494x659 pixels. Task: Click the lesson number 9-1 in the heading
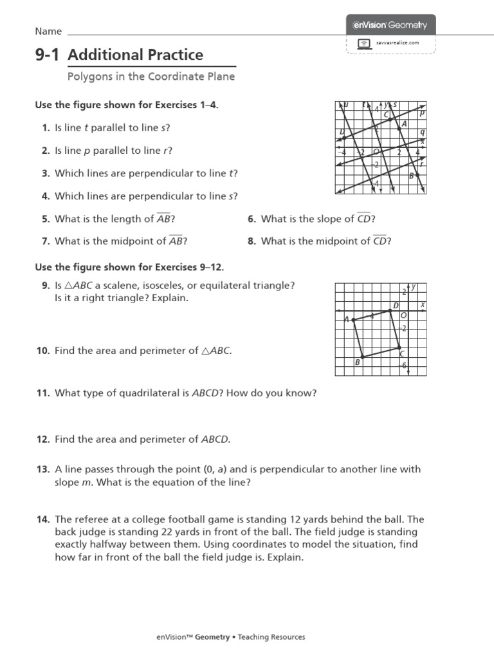tap(46, 55)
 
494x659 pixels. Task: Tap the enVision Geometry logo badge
tap(390, 25)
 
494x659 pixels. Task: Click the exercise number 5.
tap(46, 219)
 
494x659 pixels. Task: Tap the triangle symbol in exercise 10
tap(206, 351)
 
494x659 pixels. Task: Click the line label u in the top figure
tap(346, 104)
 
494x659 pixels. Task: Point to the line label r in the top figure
tap(422, 163)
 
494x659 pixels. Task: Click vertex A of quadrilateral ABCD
tap(352, 319)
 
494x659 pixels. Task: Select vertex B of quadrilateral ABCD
tap(363, 356)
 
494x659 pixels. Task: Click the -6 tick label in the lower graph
tap(403, 366)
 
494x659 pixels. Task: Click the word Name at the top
tap(48, 32)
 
